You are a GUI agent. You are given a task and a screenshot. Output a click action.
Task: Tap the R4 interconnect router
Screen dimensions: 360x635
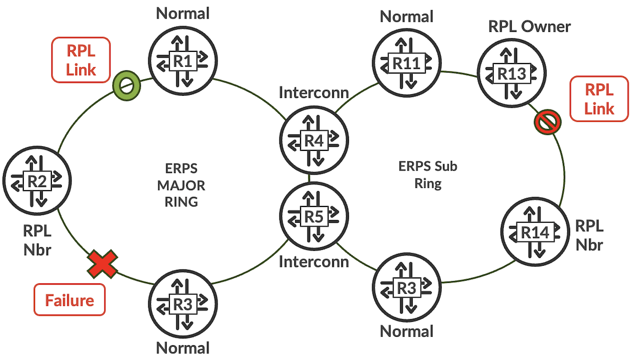tap(314, 139)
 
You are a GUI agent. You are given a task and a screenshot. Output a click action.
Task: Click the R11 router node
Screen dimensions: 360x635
tap(406, 62)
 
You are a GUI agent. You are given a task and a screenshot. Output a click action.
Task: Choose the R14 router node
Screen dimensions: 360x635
tap(533, 232)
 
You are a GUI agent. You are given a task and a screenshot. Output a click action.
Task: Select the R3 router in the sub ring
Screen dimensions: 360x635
tap(407, 289)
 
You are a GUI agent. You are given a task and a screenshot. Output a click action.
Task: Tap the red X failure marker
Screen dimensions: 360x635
tap(103, 264)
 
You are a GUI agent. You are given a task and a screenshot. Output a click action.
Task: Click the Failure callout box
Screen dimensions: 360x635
tap(69, 300)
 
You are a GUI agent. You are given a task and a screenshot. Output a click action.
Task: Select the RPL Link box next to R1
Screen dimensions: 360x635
tap(80, 60)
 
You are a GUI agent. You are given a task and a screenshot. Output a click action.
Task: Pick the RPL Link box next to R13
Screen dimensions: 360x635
tap(599, 99)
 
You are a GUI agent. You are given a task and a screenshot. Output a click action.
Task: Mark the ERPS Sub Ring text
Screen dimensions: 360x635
tap(428, 175)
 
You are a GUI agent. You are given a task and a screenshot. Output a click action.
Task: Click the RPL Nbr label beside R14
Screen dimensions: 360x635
tap(588, 235)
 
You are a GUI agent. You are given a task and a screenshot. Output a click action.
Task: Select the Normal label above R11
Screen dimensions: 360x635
tap(406, 16)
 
